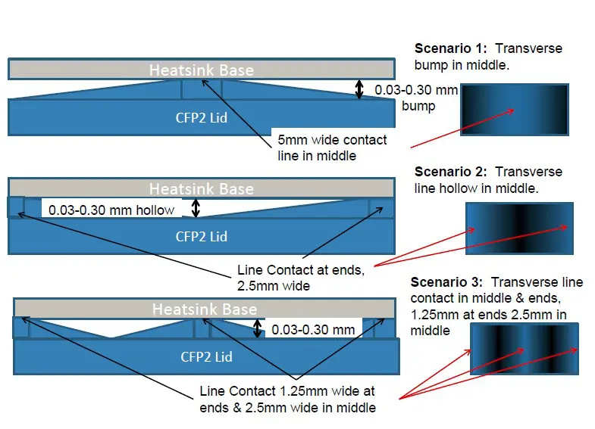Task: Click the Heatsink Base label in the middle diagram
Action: pos(201,188)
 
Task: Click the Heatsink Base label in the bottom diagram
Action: pos(204,309)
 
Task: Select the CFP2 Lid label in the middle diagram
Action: pos(201,236)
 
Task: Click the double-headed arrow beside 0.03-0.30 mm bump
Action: pos(360,90)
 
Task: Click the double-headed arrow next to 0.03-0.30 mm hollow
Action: pos(196,208)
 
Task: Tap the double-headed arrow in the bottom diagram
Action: pos(258,328)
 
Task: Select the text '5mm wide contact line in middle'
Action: pos(332,148)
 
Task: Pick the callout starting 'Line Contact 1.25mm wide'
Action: pos(287,399)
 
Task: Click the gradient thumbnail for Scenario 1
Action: pos(515,110)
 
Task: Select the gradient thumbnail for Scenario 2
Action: pos(519,228)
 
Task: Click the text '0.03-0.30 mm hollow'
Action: pos(111,210)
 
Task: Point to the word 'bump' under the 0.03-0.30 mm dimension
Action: pos(418,106)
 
